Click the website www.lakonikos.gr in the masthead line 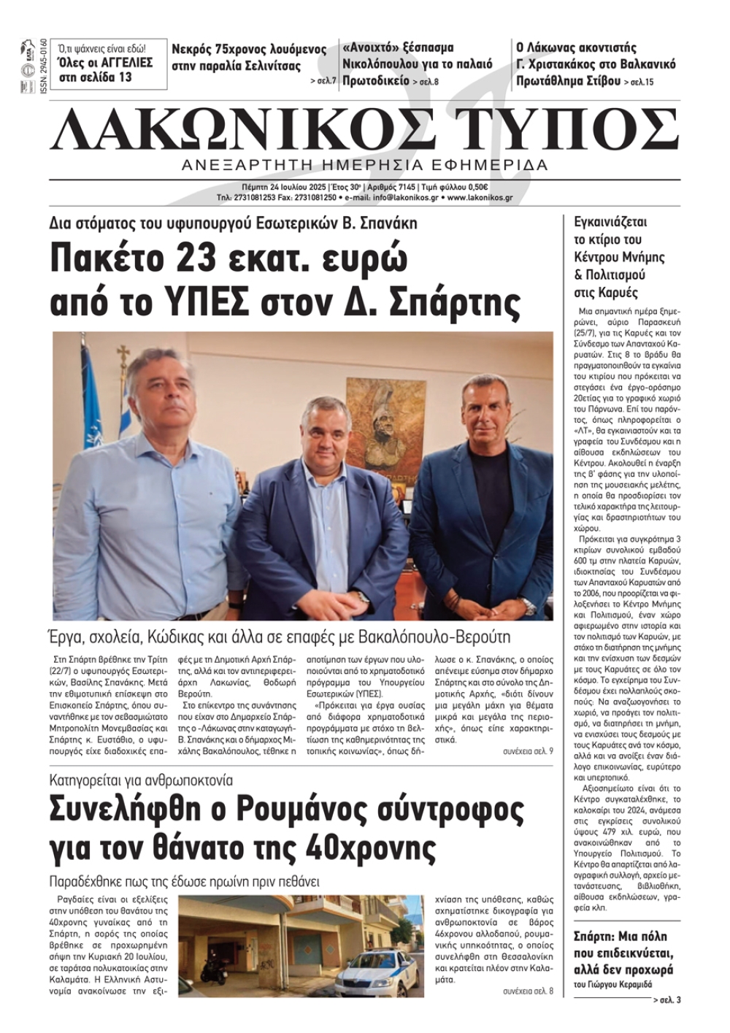tap(480, 197)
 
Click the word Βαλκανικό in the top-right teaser tap(643, 64)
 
